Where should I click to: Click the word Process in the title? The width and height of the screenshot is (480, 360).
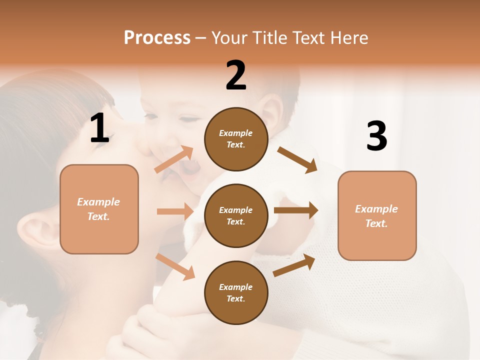(x=157, y=37)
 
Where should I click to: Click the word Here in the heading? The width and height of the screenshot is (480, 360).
(x=346, y=37)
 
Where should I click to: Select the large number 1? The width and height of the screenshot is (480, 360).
(x=100, y=128)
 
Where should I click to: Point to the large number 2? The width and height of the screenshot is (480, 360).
(x=236, y=75)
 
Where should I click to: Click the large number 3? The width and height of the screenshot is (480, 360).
(x=376, y=136)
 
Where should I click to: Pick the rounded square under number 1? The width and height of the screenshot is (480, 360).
(x=99, y=209)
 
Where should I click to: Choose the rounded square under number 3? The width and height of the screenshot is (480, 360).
(x=377, y=215)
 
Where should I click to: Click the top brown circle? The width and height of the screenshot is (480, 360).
(x=236, y=139)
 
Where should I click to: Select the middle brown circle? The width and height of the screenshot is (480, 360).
(x=236, y=215)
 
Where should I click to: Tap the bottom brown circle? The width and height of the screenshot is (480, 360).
(x=236, y=292)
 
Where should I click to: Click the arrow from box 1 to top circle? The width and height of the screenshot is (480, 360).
(x=174, y=159)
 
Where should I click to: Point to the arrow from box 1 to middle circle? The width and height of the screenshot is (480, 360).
(x=175, y=211)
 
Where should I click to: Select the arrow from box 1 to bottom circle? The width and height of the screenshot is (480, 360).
(x=175, y=266)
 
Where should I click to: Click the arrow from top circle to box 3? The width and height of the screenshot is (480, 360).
(x=297, y=159)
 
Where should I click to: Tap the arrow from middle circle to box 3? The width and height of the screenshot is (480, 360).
(x=296, y=210)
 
